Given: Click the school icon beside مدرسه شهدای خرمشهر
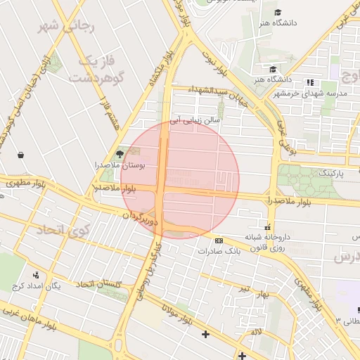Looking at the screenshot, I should pos(310,83).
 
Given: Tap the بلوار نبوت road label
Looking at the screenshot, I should pos(215,63).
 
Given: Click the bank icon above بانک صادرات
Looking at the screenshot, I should pos(219,240).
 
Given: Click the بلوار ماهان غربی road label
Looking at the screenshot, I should pos(33,317).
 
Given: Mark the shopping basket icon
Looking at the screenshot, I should pos(20,155).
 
